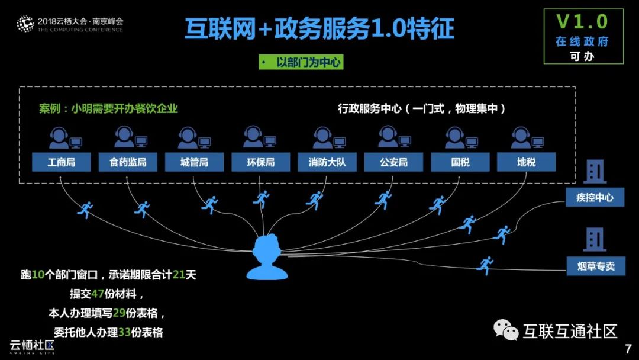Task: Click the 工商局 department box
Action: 62,162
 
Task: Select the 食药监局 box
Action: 127,162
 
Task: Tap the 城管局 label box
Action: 194,162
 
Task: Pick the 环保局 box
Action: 260,162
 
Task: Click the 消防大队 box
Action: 327,162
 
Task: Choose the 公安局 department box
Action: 393,162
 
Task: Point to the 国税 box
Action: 460,162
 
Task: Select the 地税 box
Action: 526,162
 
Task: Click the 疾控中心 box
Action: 595,197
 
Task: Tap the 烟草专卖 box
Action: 595,266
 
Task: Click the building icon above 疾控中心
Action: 595,172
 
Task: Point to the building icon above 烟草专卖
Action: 595,239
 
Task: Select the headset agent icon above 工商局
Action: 60,139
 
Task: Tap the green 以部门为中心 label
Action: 301,62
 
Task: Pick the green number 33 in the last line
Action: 124,332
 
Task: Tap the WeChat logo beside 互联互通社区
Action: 506,330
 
